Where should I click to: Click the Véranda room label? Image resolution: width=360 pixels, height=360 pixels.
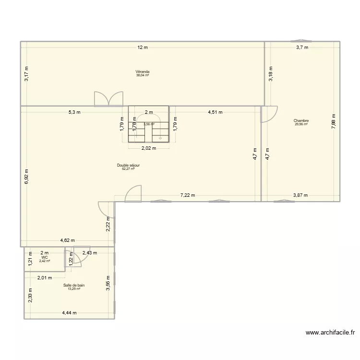pos(142,72)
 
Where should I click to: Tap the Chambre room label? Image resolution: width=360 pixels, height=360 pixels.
pos(301,121)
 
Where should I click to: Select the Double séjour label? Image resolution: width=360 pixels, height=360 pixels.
pos(128,165)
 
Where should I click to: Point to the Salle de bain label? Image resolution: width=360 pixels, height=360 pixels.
pos(74,285)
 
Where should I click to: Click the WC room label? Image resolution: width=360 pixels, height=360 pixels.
pos(45,257)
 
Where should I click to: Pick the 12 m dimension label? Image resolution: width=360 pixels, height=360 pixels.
pos(143,47)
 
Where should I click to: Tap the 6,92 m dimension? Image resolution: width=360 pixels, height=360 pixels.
pos(27,177)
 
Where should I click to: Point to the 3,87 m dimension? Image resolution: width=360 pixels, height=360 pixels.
pos(300,195)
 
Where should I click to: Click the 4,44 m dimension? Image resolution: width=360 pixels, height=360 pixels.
pos(69,313)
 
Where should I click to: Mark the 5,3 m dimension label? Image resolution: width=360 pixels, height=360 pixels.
pos(74,112)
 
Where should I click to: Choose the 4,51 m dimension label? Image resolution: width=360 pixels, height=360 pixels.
pos(215,112)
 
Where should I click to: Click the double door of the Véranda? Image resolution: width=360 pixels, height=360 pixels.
pos(108,98)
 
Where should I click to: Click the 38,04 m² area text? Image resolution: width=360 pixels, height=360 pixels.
pos(142,75)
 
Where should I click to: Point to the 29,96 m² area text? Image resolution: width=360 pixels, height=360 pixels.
pos(301,124)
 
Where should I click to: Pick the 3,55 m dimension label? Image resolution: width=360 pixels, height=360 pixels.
pos(108,283)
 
